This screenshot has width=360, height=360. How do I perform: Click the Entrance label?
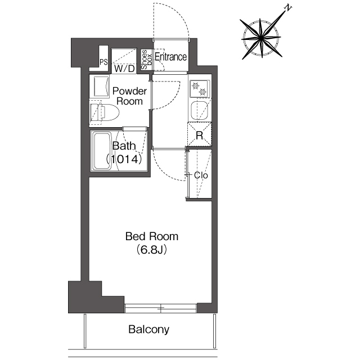click(x=170, y=57)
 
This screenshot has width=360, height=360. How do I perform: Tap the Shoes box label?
click(x=146, y=60)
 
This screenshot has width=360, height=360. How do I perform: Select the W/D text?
click(x=124, y=69)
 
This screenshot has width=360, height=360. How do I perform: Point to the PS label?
click(x=103, y=62)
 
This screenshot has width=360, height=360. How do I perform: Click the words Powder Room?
click(x=129, y=96)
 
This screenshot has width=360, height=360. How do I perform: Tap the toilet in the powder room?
click(x=105, y=112)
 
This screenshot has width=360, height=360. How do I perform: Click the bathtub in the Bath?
click(x=102, y=151)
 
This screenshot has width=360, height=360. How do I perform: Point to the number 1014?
click(x=124, y=159)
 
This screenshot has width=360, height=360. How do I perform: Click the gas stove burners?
click(x=199, y=89)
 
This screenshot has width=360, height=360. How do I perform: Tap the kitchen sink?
click(x=200, y=111)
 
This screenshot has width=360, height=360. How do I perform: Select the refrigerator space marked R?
click(x=200, y=134)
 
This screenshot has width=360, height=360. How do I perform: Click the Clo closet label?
click(x=201, y=175)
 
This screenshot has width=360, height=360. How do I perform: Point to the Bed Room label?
click(x=152, y=236)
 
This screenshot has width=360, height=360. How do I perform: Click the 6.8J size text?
click(x=152, y=250)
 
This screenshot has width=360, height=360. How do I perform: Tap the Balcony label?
click(x=148, y=330)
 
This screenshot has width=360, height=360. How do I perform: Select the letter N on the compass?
click(x=288, y=8)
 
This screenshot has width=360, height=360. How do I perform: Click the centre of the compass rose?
click(x=261, y=38)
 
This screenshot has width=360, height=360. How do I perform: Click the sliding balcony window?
click(x=160, y=308)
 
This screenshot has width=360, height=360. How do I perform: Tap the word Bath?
click(x=124, y=146)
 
